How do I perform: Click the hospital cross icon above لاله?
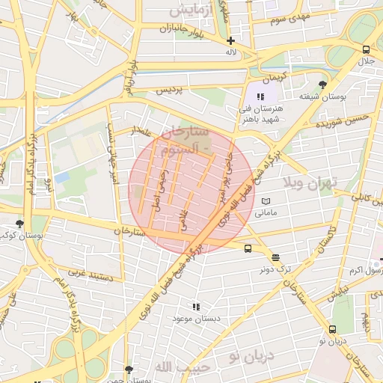pyautogui.click(x=230, y=40)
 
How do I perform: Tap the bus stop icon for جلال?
pyautogui.click(x=365, y=49)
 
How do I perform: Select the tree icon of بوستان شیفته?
pyautogui.click(x=322, y=85)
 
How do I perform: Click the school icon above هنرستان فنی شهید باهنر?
pyautogui.click(x=260, y=97)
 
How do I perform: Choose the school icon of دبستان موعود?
pyautogui.click(x=196, y=307)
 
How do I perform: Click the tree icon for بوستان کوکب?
pyautogui.click(x=19, y=224)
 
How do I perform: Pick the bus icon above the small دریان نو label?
pyautogui.click(x=333, y=329)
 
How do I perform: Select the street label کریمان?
pyautogui.click(x=273, y=78)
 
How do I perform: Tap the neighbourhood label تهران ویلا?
pyautogui.click(x=310, y=182)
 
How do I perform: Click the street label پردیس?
pyautogui.click(x=168, y=90)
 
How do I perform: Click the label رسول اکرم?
pyautogui.click(x=366, y=269)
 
